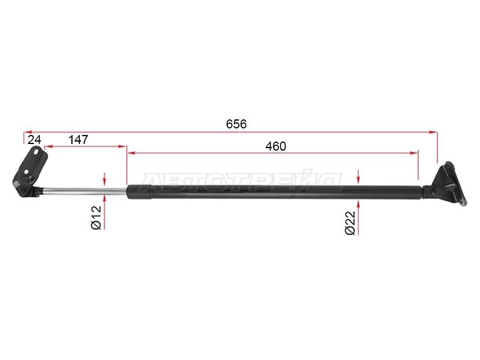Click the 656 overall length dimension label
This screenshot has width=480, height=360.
coord(236,124)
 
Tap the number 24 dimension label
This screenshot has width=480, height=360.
coord(34,140)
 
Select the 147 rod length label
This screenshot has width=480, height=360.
coord(79,140)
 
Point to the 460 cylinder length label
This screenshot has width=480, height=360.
coord(275,146)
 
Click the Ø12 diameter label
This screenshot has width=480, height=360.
coord(96,217)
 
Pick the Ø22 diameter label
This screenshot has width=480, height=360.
coord(350,223)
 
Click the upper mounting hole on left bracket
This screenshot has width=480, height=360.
coord(37,152)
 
